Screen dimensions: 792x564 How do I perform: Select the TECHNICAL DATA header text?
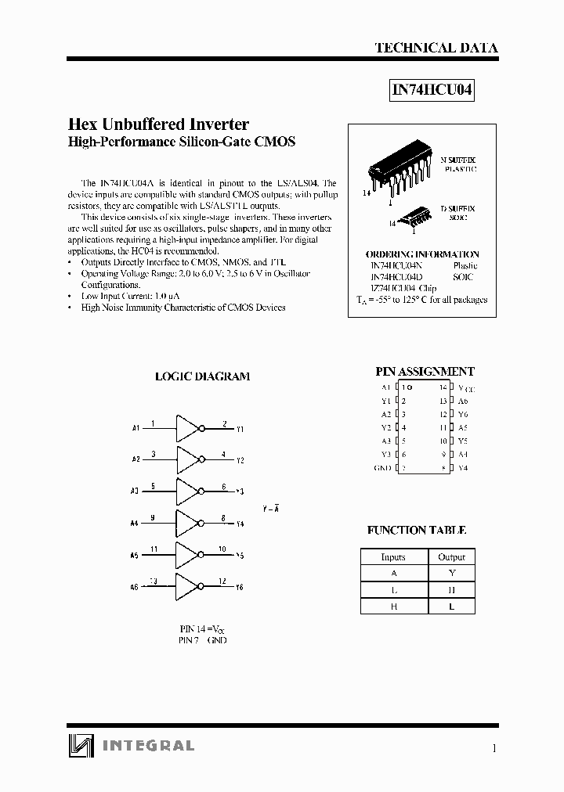pyautogui.click(x=436, y=48)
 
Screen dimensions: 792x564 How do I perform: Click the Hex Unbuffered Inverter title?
pyautogui.click(x=159, y=124)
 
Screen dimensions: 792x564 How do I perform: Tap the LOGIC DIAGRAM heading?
pyautogui.click(x=202, y=376)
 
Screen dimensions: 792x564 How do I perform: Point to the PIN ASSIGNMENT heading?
pyautogui.click(x=425, y=372)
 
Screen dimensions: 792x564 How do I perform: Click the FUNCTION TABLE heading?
pyautogui.click(x=417, y=531)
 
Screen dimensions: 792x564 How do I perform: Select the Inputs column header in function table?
pyautogui.click(x=393, y=557)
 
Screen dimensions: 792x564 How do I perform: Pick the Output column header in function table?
pyautogui.click(x=452, y=557)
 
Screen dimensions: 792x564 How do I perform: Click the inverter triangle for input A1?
pyautogui.click(x=189, y=428)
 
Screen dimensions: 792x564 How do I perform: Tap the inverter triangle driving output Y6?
pyautogui.click(x=189, y=585)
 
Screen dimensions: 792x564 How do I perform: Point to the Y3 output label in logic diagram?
pyautogui.click(x=240, y=492)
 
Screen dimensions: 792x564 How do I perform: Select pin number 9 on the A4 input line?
pyautogui.click(x=153, y=517)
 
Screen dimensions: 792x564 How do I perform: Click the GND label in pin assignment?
pyautogui.click(x=381, y=468)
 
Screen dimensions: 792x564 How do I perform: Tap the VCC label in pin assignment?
pyautogui.click(x=467, y=388)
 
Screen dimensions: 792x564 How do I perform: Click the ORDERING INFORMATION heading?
pyautogui.click(x=422, y=254)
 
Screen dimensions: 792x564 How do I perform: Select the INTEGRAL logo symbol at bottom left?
pyautogui.click(x=79, y=746)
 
